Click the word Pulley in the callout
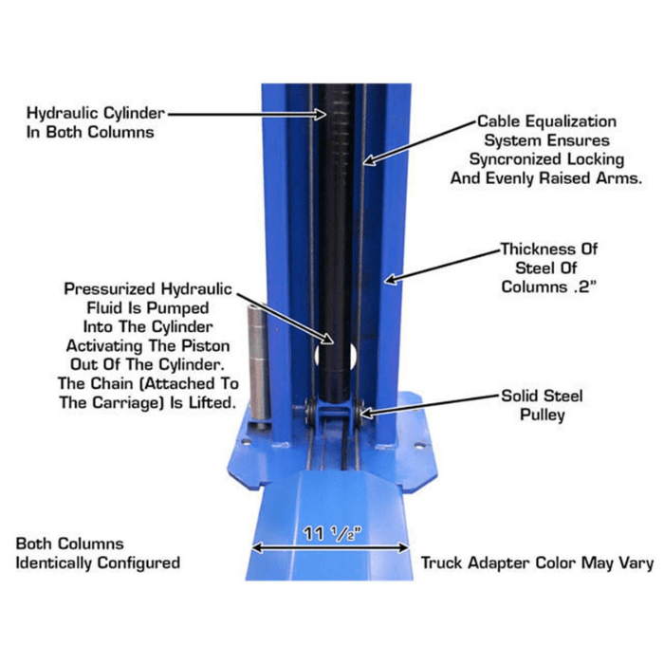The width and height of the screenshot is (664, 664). tap(549, 415)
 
